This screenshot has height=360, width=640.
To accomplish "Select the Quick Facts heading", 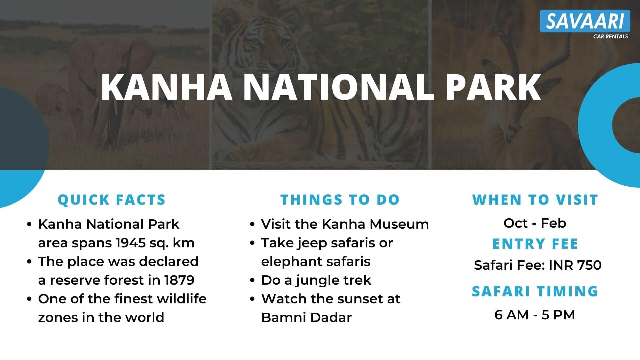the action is pyautogui.click(x=112, y=200).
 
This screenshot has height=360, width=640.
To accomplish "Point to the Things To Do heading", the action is pyautogui.click(x=340, y=200).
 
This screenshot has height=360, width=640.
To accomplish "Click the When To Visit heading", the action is pyautogui.click(x=535, y=200).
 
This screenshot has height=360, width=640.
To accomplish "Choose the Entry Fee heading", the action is pyautogui.click(x=535, y=244).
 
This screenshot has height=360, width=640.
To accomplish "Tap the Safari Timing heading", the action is pyautogui.click(x=535, y=291).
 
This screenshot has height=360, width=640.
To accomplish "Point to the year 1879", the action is pyautogui.click(x=179, y=280).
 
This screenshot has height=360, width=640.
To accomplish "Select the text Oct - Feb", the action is pyautogui.click(x=535, y=223).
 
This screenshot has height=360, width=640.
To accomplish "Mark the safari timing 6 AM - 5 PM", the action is pyautogui.click(x=535, y=315).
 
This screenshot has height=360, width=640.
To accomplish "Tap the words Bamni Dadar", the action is pyautogui.click(x=306, y=318).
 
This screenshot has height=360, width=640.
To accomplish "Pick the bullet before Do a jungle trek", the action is pyautogui.click(x=252, y=281).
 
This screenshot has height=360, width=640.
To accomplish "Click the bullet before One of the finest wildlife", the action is pyautogui.click(x=30, y=299).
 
